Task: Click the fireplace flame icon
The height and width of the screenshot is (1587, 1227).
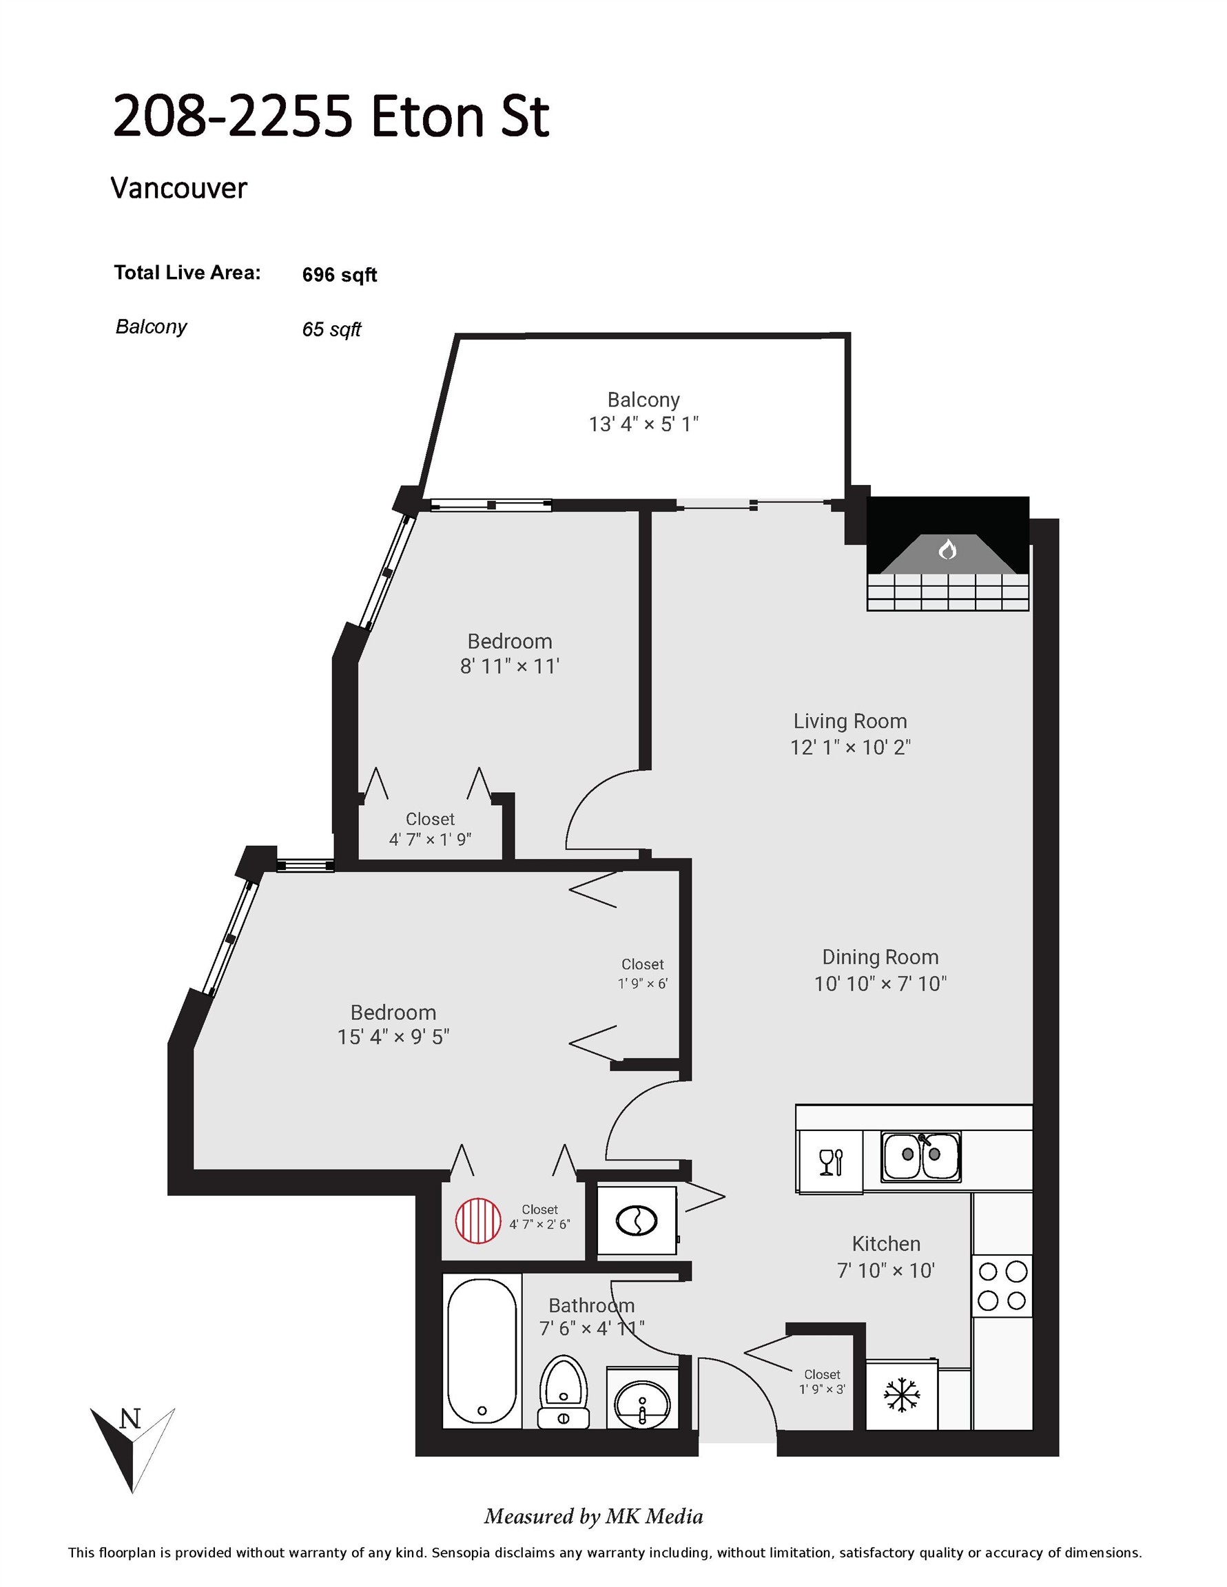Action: coord(947,548)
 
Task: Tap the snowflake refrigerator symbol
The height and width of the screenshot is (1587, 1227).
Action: coord(901,1394)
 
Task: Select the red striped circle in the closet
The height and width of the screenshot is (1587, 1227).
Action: coord(478,1221)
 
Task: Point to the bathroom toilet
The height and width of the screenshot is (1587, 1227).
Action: coord(563,1391)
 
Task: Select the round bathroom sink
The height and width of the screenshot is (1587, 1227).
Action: coord(642,1404)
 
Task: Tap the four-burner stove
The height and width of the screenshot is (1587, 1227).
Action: coord(1002,1285)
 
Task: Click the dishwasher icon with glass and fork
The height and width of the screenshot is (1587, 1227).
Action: coord(830,1161)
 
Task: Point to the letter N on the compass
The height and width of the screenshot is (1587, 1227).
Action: coord(130,1418)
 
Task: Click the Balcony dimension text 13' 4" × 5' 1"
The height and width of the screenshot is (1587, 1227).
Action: coord(643,424)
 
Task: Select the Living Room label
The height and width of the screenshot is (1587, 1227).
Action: coord(849,721)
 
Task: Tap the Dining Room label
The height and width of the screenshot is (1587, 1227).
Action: coord(880,957)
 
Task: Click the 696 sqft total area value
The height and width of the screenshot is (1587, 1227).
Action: coord(340,275)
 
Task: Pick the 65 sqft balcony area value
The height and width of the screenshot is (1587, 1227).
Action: coord(331,329)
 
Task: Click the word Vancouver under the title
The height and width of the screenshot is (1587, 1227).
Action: coord(179,188)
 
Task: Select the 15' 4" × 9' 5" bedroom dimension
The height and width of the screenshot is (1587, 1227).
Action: coord(393,1037)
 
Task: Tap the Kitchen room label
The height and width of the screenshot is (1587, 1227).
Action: coord(886,1243)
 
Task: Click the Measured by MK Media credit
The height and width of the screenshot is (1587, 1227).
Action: coord(594,1517)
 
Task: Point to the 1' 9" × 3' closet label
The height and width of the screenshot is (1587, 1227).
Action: coord(822,1390)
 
